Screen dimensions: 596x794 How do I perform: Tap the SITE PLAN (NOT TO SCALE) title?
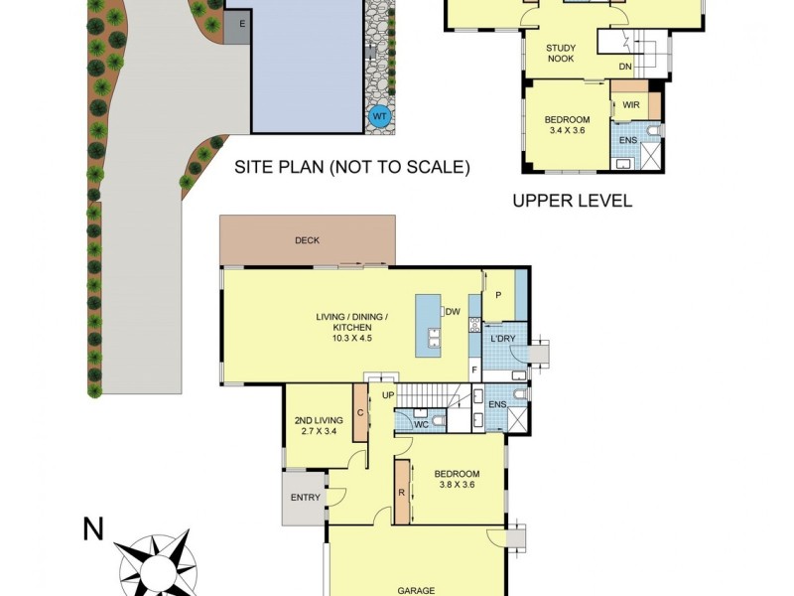point(351,167)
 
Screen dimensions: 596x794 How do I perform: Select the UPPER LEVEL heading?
point(572,201)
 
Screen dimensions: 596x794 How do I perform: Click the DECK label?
point(307,240)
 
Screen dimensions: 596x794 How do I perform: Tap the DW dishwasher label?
point(453,312)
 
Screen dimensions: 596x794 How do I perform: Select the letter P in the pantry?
point(498,294)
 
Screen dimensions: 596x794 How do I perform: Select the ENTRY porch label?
point(304,498)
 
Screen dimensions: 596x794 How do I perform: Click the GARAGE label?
point(416,590)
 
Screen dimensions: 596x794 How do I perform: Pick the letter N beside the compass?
point(93,529)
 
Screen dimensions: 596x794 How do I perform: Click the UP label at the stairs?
point(389,395)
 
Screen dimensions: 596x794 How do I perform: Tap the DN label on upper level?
point(625,67)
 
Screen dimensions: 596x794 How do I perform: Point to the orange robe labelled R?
point(403,492)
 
